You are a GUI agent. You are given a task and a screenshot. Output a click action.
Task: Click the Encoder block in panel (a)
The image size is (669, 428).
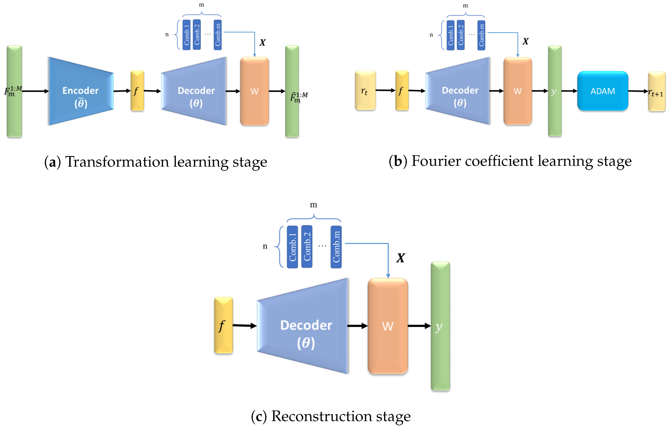81,91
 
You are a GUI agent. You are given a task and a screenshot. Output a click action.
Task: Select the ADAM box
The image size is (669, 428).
602,91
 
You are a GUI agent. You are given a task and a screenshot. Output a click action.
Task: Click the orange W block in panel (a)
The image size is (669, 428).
254,91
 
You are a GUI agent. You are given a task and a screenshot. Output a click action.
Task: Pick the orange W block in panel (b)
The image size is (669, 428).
518,91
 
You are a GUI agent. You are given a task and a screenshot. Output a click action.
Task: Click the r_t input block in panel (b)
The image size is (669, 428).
365,90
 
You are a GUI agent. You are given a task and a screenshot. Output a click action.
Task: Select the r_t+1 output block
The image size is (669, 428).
656,92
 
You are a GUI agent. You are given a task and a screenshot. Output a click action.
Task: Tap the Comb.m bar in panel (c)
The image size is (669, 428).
336,247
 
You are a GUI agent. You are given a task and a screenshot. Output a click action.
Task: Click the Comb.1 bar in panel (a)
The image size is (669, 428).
186,35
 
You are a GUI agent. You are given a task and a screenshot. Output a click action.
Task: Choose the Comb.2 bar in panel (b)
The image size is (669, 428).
461,35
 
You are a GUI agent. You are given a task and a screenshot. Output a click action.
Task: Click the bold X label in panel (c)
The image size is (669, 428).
400,258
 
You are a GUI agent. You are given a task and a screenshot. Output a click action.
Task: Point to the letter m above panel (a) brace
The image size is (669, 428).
201,5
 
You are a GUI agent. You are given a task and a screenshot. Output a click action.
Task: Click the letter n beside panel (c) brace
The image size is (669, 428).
265,246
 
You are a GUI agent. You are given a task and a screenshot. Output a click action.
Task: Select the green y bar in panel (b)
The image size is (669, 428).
554,91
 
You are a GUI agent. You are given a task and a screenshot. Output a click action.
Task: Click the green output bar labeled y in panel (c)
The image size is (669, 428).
440,326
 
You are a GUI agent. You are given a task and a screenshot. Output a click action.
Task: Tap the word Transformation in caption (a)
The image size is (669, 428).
117,162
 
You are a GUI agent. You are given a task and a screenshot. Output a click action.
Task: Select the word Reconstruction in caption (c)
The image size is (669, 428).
322,416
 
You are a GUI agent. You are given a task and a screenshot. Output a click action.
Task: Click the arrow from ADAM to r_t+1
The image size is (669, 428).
638,91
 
